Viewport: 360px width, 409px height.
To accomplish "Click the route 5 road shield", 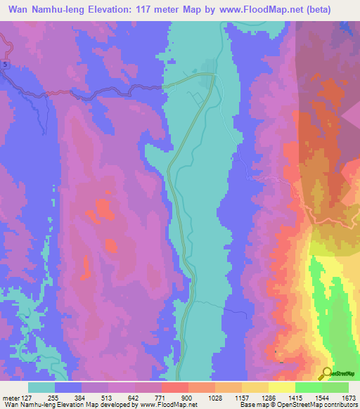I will click(6, 65).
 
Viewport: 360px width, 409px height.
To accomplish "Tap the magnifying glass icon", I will click(327, 374).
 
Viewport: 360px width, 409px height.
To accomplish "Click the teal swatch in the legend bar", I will click(41, 387).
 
